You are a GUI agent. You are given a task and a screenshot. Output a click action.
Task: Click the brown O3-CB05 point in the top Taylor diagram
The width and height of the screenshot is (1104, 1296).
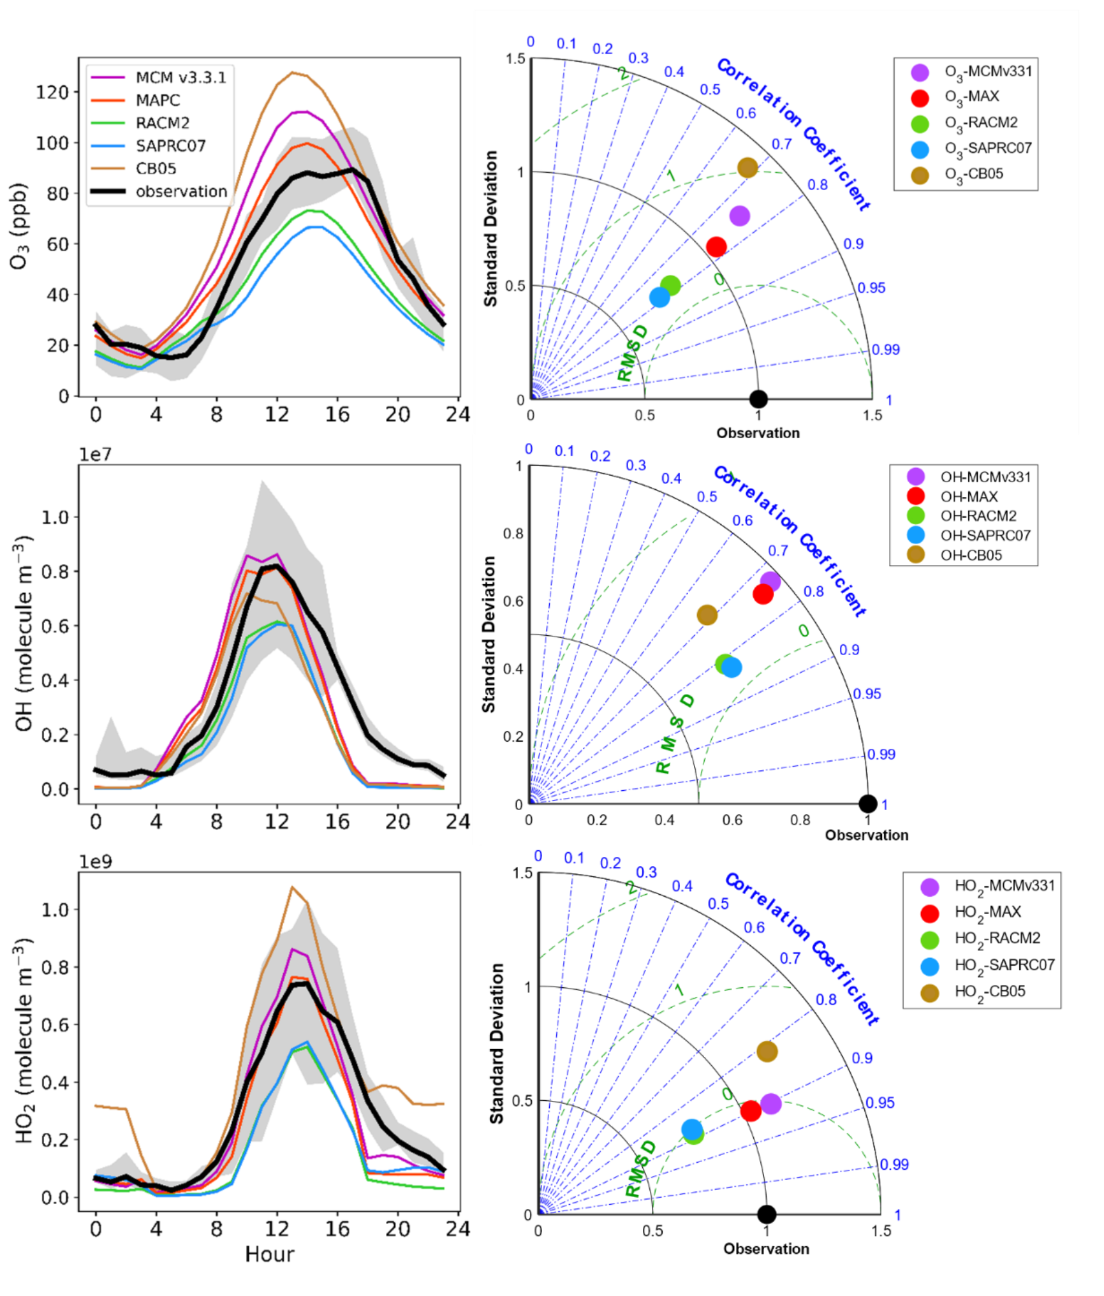pyautogui.click(x=747, y=168)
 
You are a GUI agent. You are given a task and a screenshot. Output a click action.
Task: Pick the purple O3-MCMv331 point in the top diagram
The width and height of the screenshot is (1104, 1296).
pyautogui.click(x=739, y=216)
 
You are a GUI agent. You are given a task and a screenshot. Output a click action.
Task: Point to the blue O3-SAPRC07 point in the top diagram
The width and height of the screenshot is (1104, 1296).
pyautogui.click(x=659, y=297)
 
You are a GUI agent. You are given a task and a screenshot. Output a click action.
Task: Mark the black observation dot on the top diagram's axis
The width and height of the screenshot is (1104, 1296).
pyautogui.click(x=758, y=399)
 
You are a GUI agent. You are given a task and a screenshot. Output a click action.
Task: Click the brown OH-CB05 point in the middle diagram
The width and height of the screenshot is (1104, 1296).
pyautogui.click(x=707, y=615)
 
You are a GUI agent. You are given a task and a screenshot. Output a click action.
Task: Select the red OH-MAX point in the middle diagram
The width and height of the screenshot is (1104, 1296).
pyautogui.click(x=763, y=594)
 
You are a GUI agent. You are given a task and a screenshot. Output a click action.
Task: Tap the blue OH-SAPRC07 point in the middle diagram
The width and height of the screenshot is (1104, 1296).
pyautogui.click(x=732, y=667)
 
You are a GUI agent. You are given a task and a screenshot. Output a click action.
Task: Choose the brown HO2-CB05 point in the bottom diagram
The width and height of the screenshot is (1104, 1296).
pyautogui.click(x=767, y=1051)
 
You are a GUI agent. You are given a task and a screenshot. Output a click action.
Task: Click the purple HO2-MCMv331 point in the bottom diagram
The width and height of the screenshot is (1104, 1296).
pyautogui.click(x=771, y=1103)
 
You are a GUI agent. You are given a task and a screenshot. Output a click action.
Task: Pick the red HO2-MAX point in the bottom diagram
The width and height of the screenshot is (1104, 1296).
pyautogui.click(x=751, y=1110)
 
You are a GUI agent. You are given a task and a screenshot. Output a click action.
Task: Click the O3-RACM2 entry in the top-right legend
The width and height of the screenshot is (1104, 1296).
pyautogui.click(x=981, y=123)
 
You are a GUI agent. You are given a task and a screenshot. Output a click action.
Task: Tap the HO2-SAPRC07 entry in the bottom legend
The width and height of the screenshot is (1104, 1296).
pyautogui.click(x=1005, y=966)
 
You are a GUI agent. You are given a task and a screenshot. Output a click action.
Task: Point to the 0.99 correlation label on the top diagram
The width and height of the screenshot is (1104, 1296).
pyautogui.click(x=886, y=350)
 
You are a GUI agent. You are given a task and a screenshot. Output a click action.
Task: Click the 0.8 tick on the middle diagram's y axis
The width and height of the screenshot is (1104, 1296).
pyautogui.click(x=513, y=533)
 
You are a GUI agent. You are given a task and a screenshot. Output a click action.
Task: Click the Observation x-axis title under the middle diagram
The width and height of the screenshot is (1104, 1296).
pyautogui.click(x=866, y=835)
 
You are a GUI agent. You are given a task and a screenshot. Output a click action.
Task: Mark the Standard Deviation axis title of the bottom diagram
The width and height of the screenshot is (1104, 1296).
pyautogui.click(x=496, y=1043)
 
